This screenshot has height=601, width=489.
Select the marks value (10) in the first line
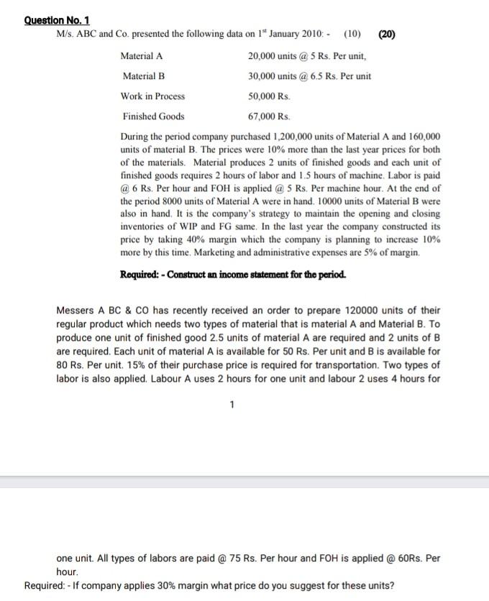(x=352, y=34)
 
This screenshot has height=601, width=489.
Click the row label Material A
(x=142, y=56)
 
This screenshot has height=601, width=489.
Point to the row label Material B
(x=143, y=76)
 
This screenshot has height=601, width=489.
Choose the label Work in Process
(x=152, y=96)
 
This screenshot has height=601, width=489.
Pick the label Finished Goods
(x=153, y=116)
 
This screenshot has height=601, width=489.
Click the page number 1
(x=232, y=405)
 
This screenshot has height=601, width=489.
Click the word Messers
(x=76, y=311)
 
